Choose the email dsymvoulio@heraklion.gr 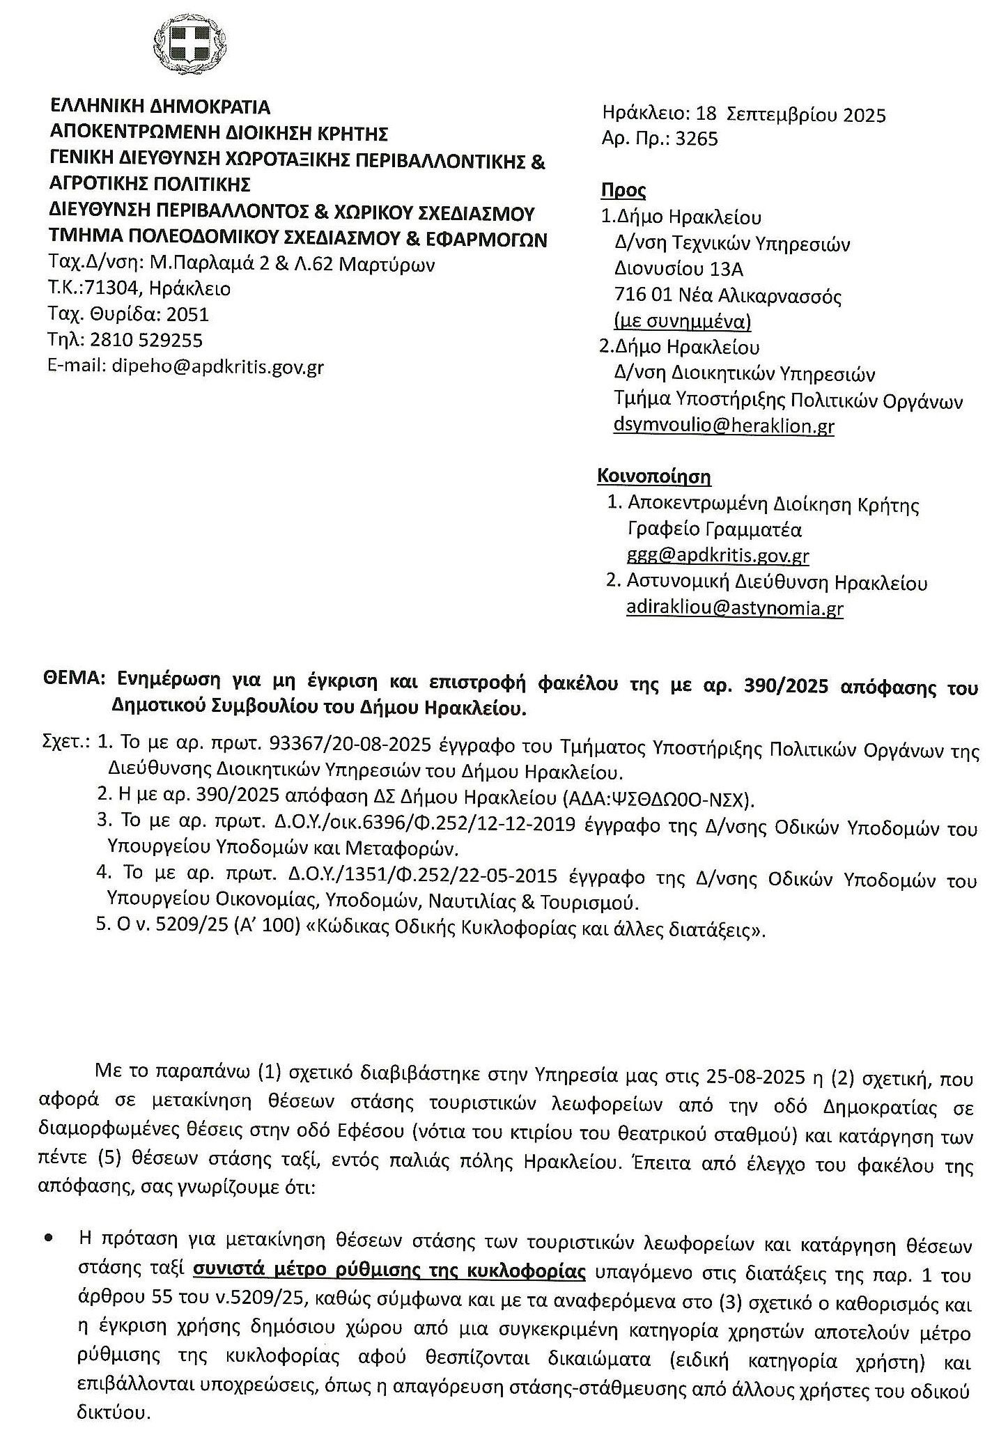(x=724, y=426)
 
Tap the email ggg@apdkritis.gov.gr (x=718, y=556)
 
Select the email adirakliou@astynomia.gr (x=735, y=608)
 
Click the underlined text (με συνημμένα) (x=682, y=321)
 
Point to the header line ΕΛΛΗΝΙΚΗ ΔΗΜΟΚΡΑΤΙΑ (x=160, y=107)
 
